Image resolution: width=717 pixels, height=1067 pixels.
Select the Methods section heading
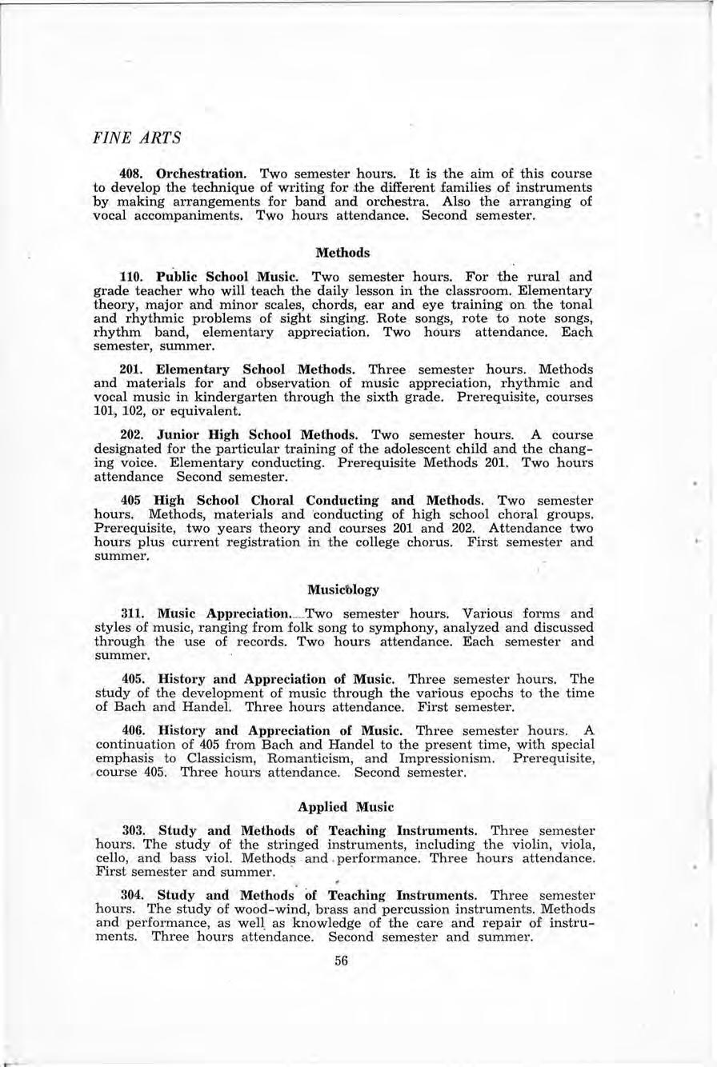(x=342, y=252)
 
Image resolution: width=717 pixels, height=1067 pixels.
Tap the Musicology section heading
(x=342, y=589)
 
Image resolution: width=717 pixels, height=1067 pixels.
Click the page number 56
(x=342, y=961)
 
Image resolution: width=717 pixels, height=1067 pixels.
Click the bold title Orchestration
(x=203, y=174)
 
